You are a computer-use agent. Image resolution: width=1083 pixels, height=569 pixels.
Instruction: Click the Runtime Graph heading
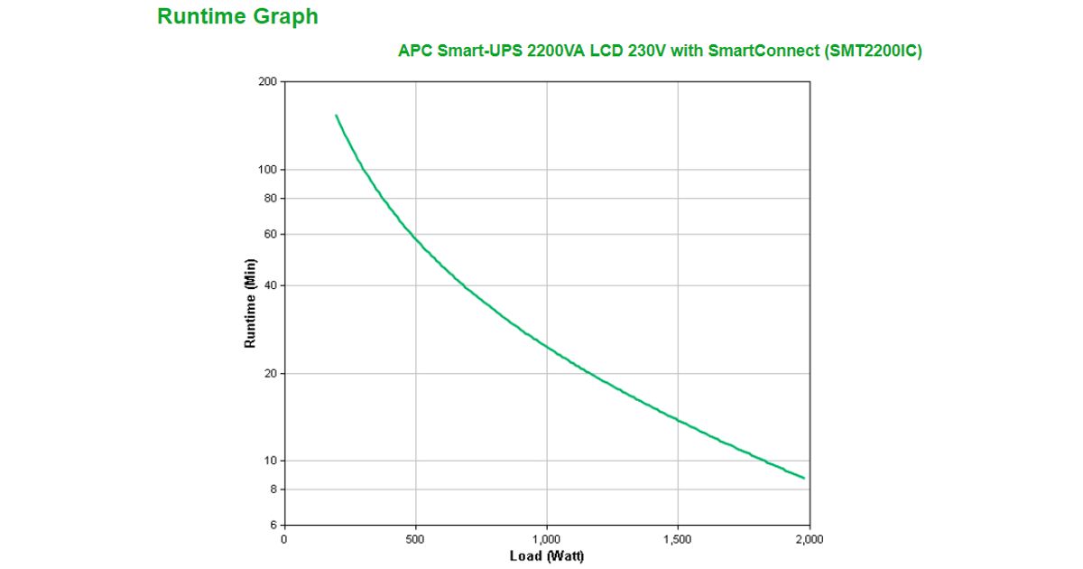[x=237, y=16]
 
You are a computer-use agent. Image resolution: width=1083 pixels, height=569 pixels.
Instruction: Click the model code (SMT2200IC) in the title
[x=873, y=51]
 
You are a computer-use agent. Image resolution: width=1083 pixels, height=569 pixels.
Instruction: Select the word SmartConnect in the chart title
[x=763, y=51]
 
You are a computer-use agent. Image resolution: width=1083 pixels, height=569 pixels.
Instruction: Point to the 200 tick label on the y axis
[x=267, y=82]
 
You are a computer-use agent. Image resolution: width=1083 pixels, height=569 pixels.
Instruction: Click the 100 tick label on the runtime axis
[x=267, y=170]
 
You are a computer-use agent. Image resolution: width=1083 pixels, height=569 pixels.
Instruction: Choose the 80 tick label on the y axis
[x=270, y=198]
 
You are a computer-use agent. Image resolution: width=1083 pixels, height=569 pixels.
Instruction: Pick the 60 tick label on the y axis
[x=270, y=234]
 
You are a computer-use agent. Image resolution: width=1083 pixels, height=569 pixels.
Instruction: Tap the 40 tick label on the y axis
[x=270, y=285]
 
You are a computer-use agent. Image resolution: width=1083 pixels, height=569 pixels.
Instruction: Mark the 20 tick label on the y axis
[x=270, y=373]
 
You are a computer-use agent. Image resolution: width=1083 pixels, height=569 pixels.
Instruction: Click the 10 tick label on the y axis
[x=270, y=461]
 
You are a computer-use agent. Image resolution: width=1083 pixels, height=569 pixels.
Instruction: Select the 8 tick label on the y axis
[x=273, y=489]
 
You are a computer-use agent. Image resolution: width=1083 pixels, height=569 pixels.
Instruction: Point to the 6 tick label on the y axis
[x=273, y=525]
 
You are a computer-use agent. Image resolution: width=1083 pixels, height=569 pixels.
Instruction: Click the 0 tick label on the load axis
[x=284, y=539]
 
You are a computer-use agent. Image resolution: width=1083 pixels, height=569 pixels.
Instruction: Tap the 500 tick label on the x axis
[x=415, y=539]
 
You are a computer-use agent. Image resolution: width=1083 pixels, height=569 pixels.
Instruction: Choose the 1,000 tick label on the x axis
[x=547, y=539]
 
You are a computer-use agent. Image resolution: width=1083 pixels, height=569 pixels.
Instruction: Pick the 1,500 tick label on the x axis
[x=678, y=539]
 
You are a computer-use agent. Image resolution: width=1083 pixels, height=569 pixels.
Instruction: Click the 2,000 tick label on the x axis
[x=810, y=539]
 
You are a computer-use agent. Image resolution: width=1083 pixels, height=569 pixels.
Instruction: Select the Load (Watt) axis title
[x=547, y=556]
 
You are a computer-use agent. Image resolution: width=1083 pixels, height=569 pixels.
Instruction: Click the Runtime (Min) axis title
[x=251, y=303]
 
